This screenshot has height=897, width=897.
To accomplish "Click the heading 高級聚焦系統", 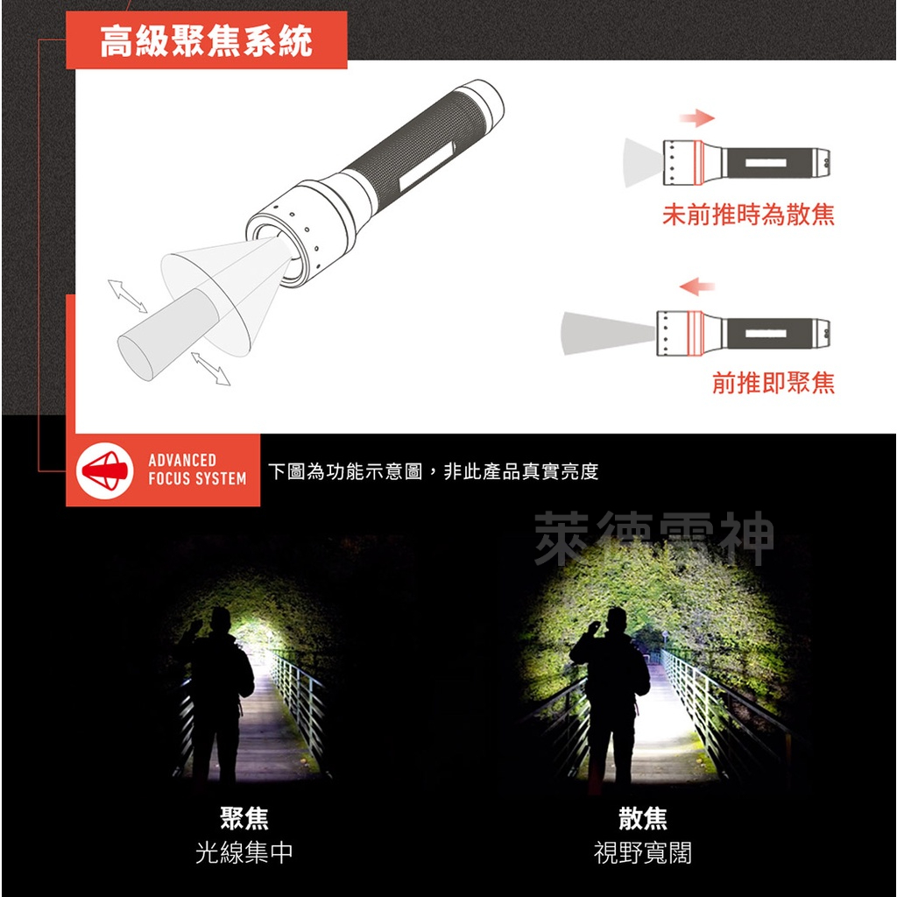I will pyautogui.click(x=206, y=41).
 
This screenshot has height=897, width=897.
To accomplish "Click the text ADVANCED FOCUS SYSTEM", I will pyautogui.click(x=197, y=470).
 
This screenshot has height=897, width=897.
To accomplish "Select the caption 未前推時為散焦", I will pyautogui.click(x=748, y=215).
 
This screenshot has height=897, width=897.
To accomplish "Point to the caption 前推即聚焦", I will pyautogui.click(x=773, y=383).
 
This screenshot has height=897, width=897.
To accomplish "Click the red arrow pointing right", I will pyautogui.click(x=697, y=118).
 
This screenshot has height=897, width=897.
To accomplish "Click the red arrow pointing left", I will pyautogui.click(x=697, y=286).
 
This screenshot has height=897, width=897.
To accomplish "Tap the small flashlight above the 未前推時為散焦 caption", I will pyautogui.click(x=745, y=162).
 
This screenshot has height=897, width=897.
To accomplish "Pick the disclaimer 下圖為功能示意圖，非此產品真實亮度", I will pyautogui.click(x=433, y=472).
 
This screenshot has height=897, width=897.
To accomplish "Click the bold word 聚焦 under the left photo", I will pyautogui.click(x=244, y=819).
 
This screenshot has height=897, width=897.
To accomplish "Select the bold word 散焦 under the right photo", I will pyautogui.click(x=643, y=819).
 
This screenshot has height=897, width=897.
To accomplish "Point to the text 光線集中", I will pyautogui.click(x=244, y=852).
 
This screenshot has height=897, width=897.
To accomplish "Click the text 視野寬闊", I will pyautogui.click(x=643, y=852).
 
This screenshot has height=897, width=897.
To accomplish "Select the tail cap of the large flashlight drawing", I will pyautogui.click(x=482, y=102).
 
